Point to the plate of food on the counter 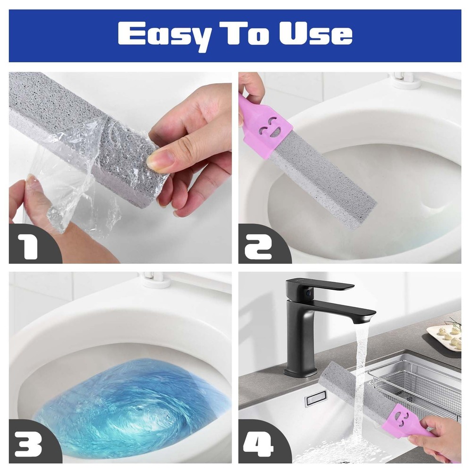pyautogui.click(x=445, y=337)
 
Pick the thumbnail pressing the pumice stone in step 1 pyautogui.click(x=160, y=160)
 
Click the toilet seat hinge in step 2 pyautogui.click(x=404, y=80)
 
